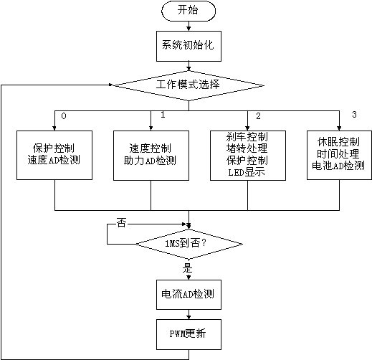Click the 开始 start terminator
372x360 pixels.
coord(189,11)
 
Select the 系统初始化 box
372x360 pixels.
coord(189,46)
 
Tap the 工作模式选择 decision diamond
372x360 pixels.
coord(189,85)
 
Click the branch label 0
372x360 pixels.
coord(64,116)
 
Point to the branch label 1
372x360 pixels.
coord(163,115)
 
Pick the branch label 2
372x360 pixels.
coord(258,116)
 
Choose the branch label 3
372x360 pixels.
coord(354,115)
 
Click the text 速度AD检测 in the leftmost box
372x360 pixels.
coord(54,160)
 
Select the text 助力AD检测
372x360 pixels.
coord(150,161)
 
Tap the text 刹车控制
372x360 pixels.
coord(247,137)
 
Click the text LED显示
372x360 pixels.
coord(247,172)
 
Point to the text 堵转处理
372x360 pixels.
coord(247,148)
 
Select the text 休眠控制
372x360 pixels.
coord(338,142)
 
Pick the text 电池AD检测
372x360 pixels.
coord(338,166)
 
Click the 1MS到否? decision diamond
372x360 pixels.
coord(189,244)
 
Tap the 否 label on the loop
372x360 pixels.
coord(121,223)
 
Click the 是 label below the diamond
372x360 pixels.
coord(188,267)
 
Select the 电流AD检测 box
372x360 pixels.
coord(189,295)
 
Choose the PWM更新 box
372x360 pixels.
coord(189,334)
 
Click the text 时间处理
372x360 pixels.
coord(338,153)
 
